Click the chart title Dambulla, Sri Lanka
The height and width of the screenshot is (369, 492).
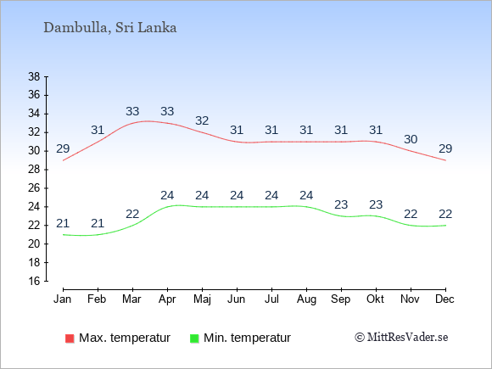109,28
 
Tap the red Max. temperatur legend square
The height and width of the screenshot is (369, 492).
70,338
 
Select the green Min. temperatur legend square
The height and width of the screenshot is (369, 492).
194,338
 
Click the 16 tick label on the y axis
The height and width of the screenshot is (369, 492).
34,281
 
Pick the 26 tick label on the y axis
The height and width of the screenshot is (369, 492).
34,188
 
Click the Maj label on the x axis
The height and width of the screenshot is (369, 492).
202,299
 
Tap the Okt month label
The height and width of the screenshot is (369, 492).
375,299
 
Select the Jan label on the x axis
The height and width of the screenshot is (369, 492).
63,299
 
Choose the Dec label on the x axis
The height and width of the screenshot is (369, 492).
444,299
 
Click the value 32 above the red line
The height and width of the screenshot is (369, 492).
202,120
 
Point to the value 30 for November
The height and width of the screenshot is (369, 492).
411,139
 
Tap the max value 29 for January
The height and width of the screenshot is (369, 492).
63,148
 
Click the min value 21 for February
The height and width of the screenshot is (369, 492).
98,223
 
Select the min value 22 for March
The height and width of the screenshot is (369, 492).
132,215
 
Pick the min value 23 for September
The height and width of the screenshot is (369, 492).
341,205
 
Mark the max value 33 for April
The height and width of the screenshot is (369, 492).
167,111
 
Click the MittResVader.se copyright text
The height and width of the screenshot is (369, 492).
401,338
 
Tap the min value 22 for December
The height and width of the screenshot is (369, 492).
445,215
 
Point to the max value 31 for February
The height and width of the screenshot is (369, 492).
98,130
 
